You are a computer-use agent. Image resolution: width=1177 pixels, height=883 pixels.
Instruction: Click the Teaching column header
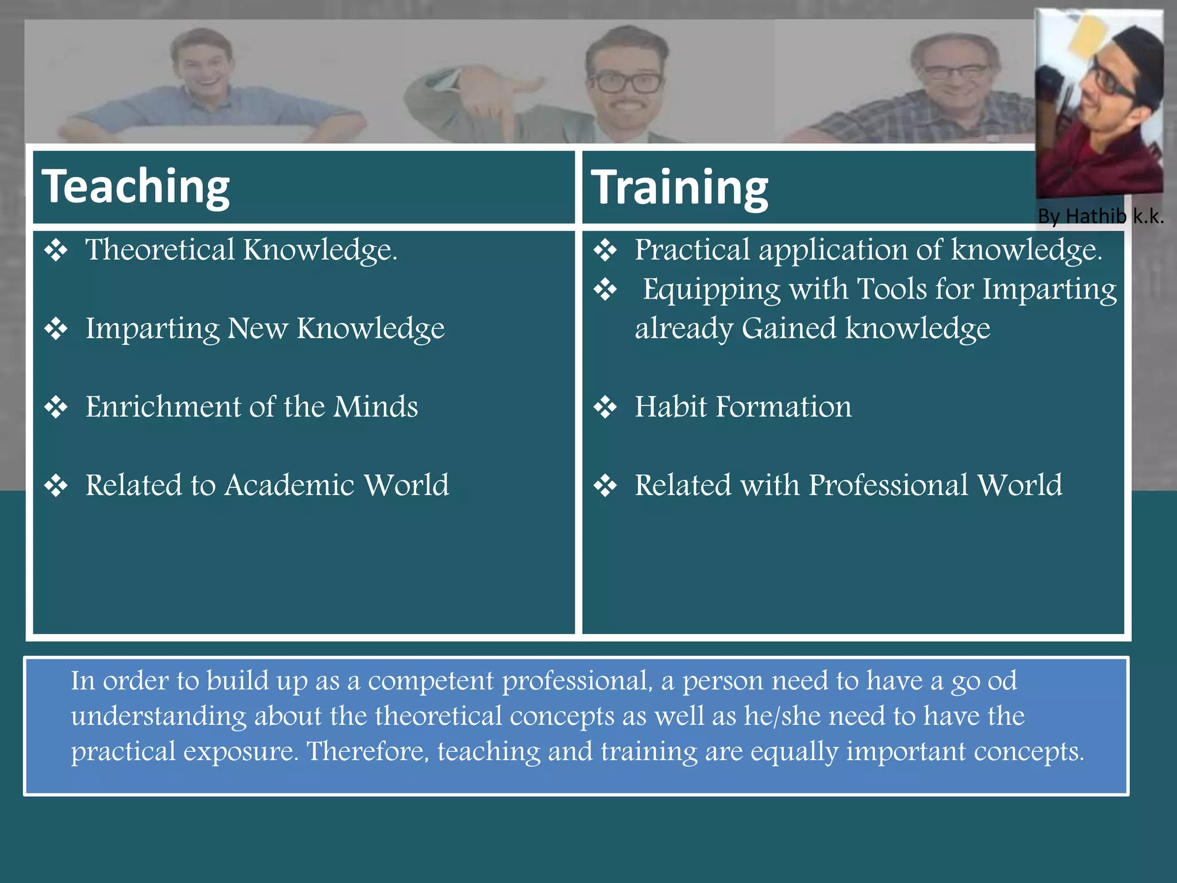tap(136, 186)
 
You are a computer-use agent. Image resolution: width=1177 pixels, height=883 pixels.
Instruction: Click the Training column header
tap(679, 187)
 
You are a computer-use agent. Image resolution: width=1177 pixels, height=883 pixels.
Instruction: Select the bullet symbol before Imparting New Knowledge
tap(56, 329)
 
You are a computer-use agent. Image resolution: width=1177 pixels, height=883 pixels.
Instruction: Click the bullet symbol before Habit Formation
tap(605, 407)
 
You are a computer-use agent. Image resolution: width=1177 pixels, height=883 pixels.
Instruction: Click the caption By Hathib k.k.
tap(1100, 216)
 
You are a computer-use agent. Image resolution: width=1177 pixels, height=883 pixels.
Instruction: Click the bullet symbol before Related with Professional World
tap(605, 485)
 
